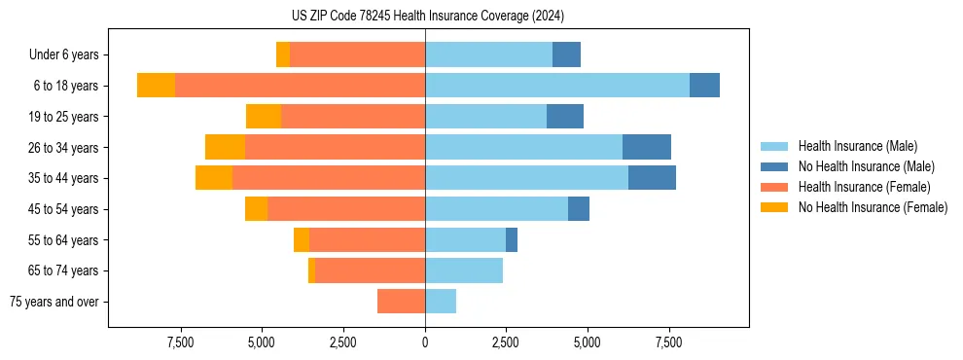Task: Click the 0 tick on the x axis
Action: (425, 342)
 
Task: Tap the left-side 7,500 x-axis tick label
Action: (181, 342)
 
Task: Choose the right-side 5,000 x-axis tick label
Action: (588, 342)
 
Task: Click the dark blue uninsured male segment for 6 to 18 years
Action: (704, 86)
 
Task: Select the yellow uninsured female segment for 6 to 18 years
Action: (156, 86)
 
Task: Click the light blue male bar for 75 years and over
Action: (441, 302)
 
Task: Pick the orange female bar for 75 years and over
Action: (401, 302)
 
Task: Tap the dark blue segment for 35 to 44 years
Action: (652, 178)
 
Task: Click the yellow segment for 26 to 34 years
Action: (225, 147)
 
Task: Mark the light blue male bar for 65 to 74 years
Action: (464, 270)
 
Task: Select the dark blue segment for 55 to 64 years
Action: (512, 239)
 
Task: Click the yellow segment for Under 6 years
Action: (283, 55)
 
